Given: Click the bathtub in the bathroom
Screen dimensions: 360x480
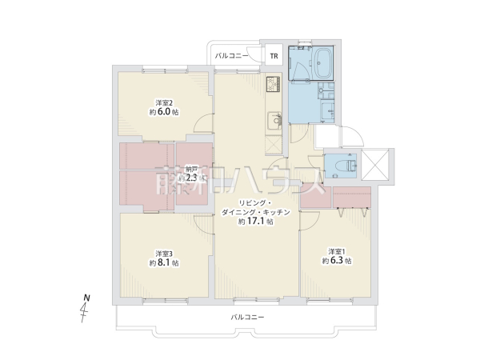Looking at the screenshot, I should click(324, 62).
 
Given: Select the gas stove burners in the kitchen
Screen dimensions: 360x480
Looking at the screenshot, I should click(272, 83).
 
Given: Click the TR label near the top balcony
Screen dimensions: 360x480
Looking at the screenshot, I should click(273, 56).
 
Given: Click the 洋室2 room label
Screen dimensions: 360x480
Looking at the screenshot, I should click(165, 102).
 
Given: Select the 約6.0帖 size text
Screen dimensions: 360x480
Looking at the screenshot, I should click(164, 113).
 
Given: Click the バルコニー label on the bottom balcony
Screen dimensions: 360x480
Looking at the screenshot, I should click(247, 318).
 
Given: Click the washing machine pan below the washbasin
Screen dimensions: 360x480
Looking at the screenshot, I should click(327, 113).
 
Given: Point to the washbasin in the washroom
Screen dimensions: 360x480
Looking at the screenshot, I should click(326, 90).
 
